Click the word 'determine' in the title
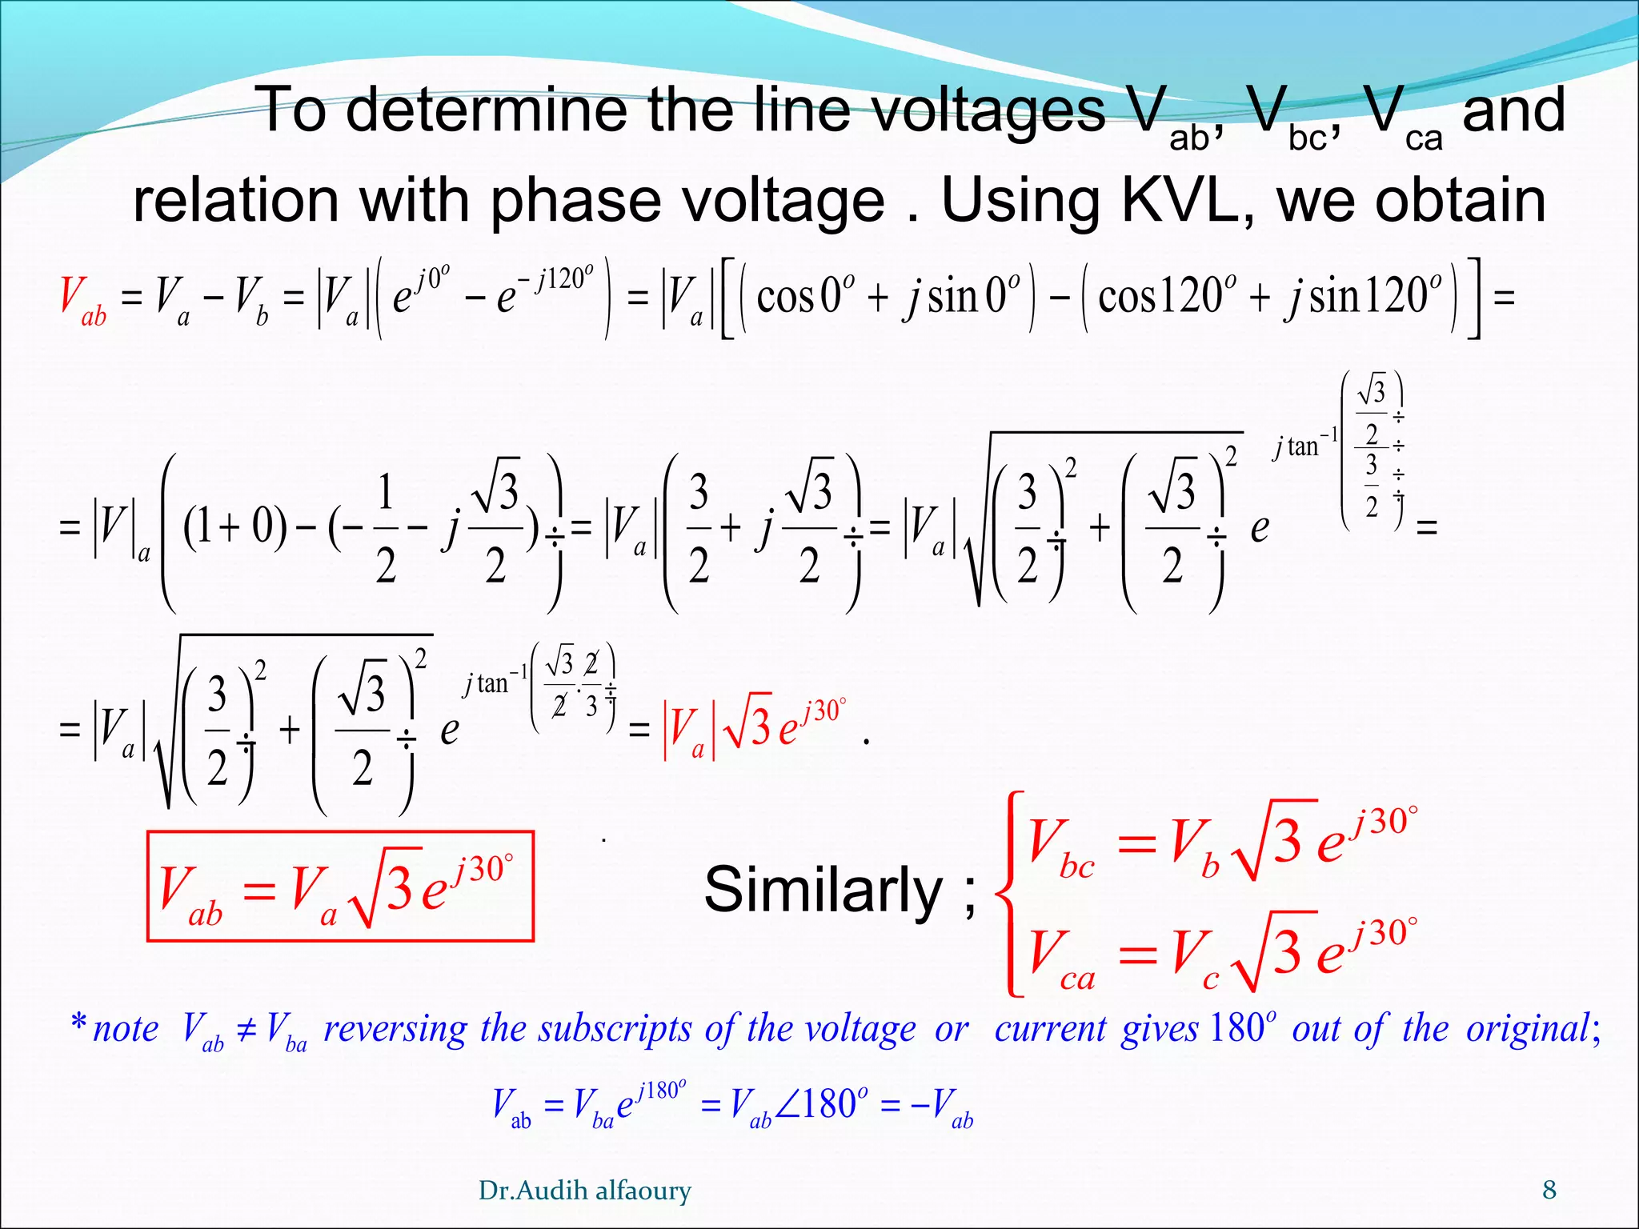[487, 110]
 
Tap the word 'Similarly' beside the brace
[824, 889]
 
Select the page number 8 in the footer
[1549, 1190]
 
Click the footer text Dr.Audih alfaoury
[584, 1191]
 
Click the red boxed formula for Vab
[340, 887]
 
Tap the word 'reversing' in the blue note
[395, 1029]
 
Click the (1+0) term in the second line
[234, 526]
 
